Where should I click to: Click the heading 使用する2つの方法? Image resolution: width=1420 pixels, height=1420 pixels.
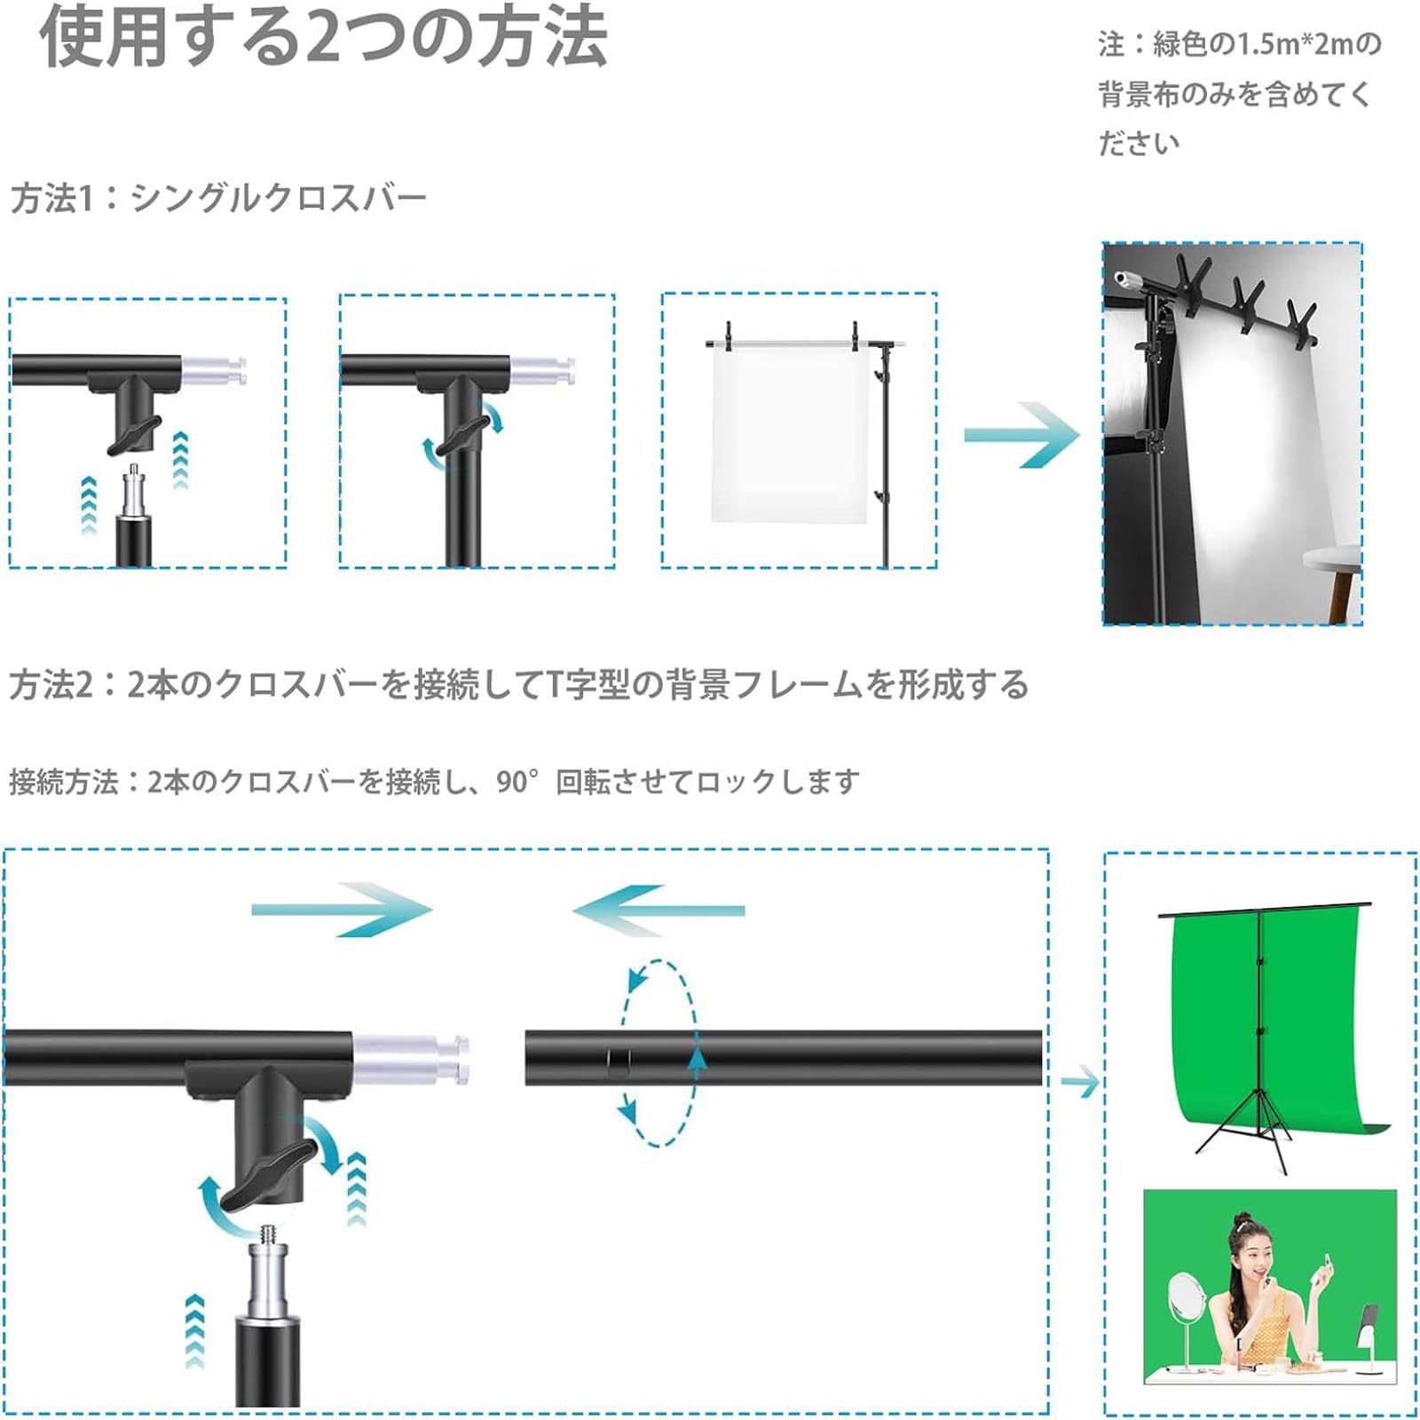pos(324,37)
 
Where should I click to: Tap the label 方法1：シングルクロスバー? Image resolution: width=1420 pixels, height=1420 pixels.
pos(218,198)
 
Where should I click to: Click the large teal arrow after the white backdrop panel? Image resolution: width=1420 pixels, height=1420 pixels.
pos(1022,434)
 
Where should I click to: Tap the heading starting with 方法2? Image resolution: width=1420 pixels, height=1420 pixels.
pos(519,685)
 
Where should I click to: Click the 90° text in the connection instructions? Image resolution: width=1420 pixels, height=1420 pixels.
pos(517,782)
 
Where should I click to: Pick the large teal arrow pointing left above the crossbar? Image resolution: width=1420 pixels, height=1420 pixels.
pos(658,911)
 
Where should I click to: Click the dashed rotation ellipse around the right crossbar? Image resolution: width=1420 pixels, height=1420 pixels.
pos(659,1053)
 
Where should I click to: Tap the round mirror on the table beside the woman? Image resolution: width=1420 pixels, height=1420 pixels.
pos(1187,1302)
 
